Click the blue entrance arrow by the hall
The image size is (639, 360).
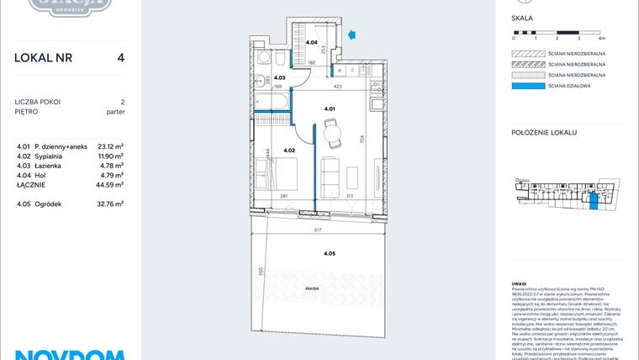pyautogui.click(x=352, y=34)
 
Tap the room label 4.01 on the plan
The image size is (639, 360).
pyautogui.click(x=330, y=108)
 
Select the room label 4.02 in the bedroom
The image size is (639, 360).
pyautogui.click(x=288, y=151)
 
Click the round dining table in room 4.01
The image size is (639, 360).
pyautogui.click(x=330, y=131)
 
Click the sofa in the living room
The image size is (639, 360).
pyautogui.click(x=331, y=174)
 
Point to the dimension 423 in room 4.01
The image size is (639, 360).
pyautogui.click(x=337, y=86)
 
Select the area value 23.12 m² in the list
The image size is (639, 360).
pyautogui.click(x=110, y=146)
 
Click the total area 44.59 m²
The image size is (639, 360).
pyautogui.click(x=110, y=184)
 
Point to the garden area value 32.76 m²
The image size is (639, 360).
pyautogui.click(x=110, y=204)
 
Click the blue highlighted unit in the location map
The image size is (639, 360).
pyautogui.click(x=594, y=199)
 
